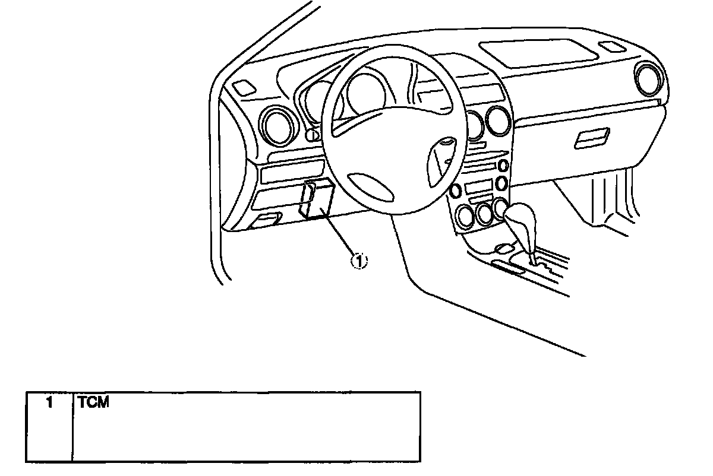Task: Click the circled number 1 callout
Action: pyautogui.click(x=359, y=260)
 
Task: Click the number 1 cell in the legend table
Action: pyautogui.click(x=49, y=402)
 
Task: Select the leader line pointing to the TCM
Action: pyautogui.click(x=339, y=234)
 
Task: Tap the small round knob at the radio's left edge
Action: pyautogui.click(x=456, y=191)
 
